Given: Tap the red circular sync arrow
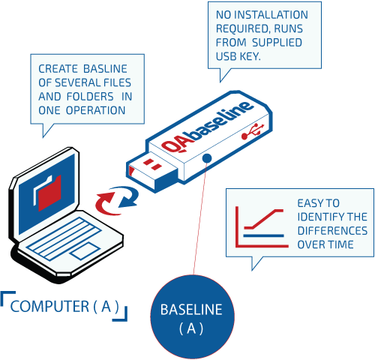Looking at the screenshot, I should click(x=104, y=201).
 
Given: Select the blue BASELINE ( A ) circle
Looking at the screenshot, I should click(x=192, y=318).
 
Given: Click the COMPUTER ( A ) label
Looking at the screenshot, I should click(x=65, y=306).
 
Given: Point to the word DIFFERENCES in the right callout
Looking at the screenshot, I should click(x=332, y=230).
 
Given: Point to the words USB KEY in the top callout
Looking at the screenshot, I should click(x=259, y=55).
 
